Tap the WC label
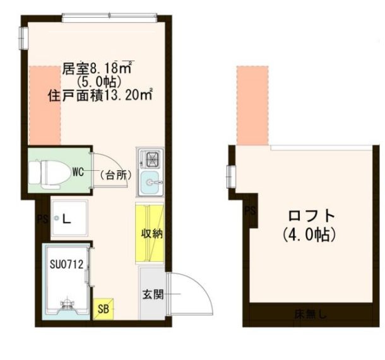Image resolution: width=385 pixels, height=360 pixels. click(x=78, y=172)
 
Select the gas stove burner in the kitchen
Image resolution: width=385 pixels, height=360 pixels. click(x=152, y=159)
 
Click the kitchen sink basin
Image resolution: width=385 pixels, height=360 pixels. click(x=150, y=182)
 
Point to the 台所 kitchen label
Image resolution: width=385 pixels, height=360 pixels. click(x=115, y=175)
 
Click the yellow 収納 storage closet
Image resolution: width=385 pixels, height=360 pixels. click(x=150, y=233)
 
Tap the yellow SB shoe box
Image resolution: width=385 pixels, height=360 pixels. click(x=104, y=309)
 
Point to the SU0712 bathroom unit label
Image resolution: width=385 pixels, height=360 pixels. click(x=66, y=265)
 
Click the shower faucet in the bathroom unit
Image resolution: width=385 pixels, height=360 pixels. click(x=67, y=304)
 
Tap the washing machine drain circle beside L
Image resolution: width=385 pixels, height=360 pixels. click(x=57, y=218)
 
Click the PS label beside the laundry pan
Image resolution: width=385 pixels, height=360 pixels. click(x=43, y=219)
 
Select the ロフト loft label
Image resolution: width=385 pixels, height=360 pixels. click(x=312, y=216)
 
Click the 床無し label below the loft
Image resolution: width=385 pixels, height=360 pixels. click(x=311, y=314)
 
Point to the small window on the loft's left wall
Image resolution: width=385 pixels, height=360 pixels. click(x=231, y=177)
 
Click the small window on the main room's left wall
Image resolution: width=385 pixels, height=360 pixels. click(x=24, y=38)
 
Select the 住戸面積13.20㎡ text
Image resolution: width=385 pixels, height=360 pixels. click(x=100, y=95)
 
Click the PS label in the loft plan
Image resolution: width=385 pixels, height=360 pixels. click(x=251, y=211)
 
